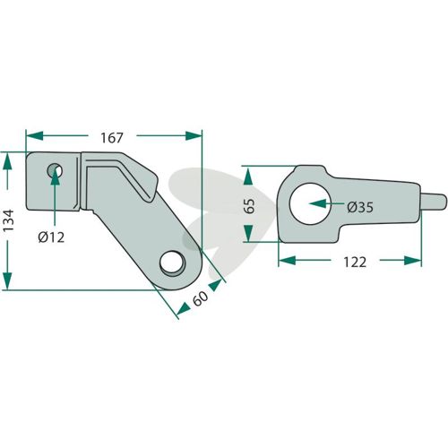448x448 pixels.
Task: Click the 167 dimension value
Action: (112, 138)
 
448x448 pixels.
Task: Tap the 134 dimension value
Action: (8, 220)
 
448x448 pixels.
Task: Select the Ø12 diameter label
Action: (51, 237)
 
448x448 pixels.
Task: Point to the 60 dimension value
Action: (200, 298)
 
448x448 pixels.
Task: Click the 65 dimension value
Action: (250, 205)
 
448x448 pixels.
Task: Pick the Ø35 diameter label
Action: (360, 207)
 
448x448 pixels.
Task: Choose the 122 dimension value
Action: (355, 263)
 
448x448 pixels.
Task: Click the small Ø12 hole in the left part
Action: (55, 171)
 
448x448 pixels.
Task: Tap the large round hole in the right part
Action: (309, 203)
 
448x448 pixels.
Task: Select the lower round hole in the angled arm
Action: (173, 263)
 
